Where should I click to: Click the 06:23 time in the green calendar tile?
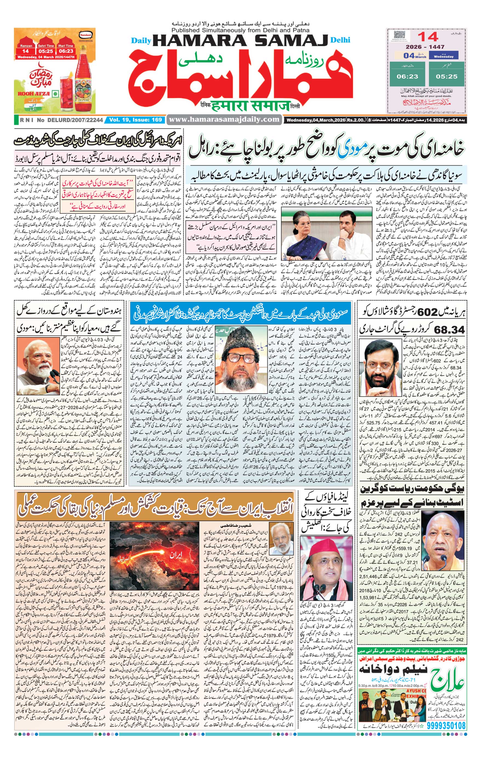tap(407, 76)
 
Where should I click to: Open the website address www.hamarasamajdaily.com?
tap(224, 119)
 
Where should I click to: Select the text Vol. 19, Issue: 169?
tap(136, 119)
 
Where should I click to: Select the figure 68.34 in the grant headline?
tap(449, 330)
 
